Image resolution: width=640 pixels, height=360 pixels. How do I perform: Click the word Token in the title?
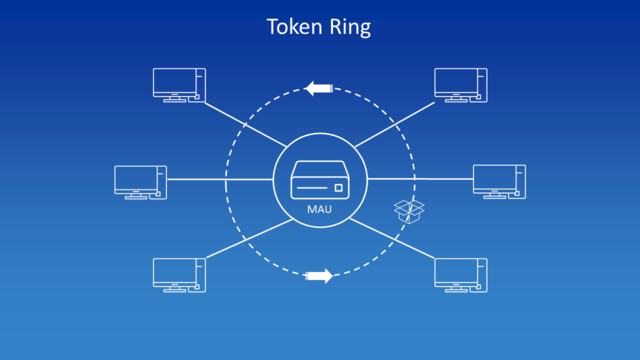[292, 27]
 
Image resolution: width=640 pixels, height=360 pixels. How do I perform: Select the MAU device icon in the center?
[320, 183]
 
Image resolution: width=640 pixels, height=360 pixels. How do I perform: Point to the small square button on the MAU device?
[339, 187]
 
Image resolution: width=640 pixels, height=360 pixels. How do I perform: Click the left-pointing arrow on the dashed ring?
[319, 89]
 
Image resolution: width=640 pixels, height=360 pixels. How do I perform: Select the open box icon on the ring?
[408, 210]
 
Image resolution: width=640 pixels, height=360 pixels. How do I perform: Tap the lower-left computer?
[179, 274]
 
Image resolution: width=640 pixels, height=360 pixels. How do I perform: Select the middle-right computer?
[499, 182]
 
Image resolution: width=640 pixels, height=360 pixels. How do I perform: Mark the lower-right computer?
[461, 274]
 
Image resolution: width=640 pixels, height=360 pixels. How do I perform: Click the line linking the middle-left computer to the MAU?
[220, 180]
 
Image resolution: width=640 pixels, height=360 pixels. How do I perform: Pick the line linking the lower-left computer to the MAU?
[245, 236]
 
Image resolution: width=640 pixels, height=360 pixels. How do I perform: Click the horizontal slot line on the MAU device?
[311, 188]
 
